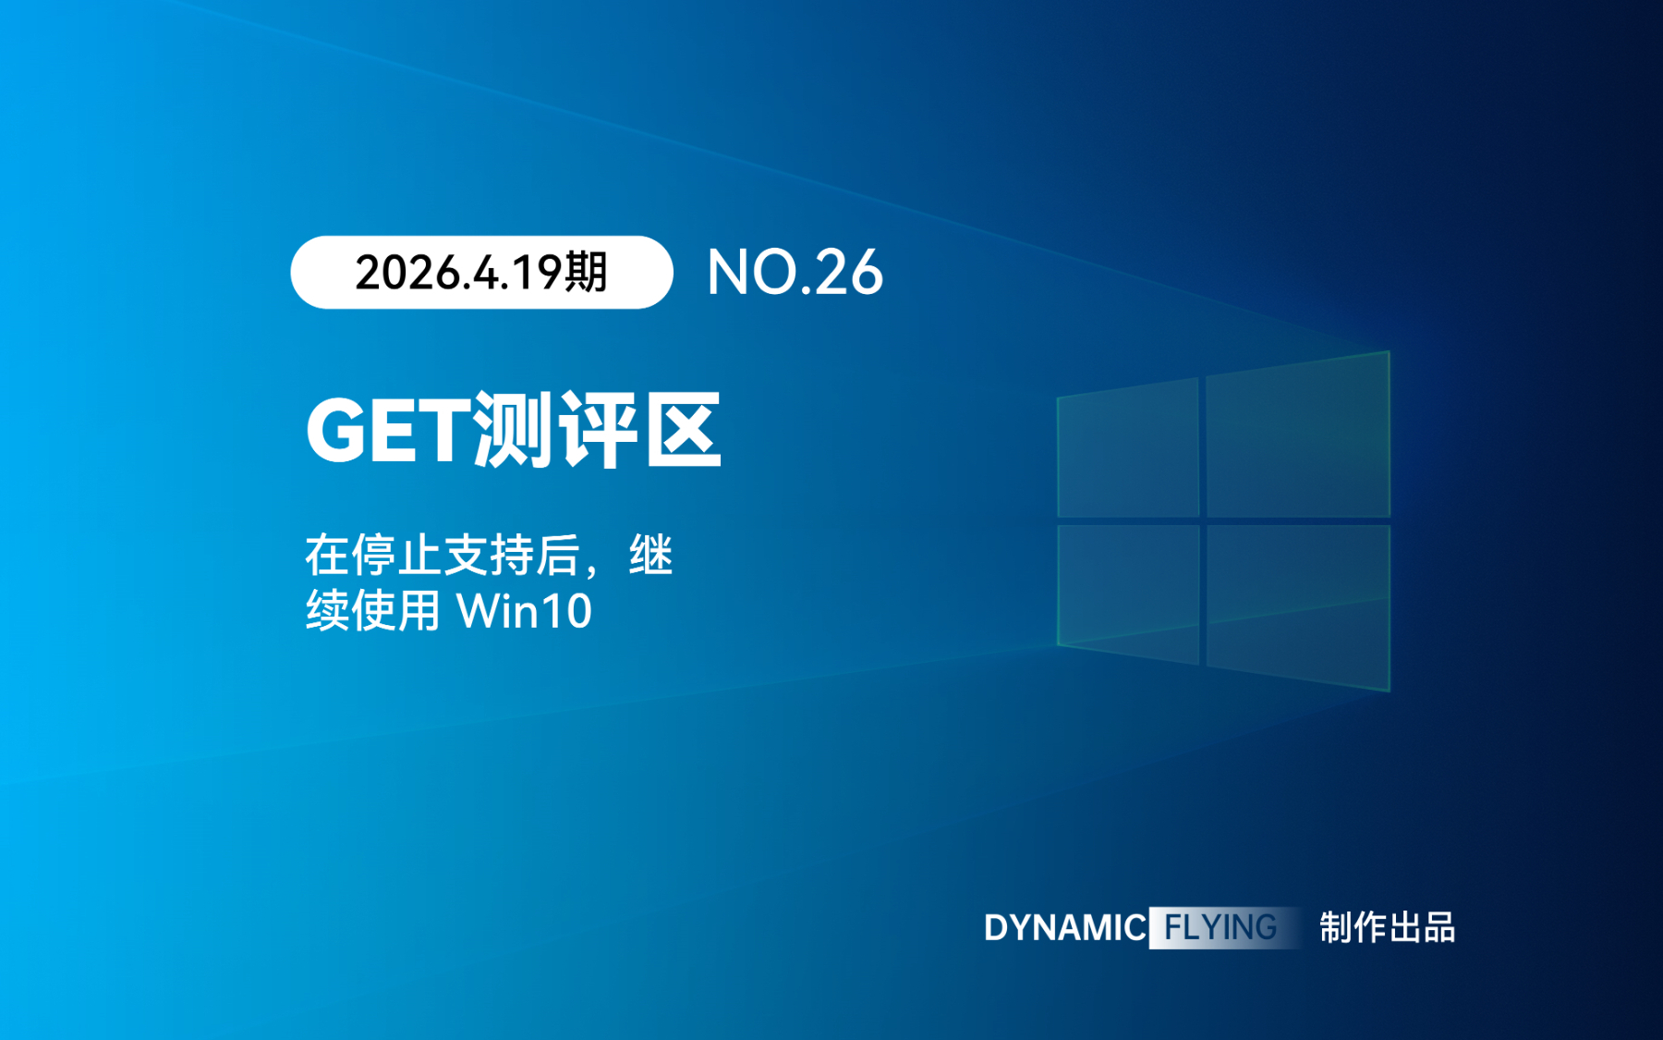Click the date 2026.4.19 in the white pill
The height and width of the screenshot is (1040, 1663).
(x=458, y=273)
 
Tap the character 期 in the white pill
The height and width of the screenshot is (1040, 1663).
(x=586, y=272)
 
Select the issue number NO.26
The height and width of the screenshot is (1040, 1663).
(x=795, y=273)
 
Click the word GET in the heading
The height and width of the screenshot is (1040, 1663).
(x=388, y=430)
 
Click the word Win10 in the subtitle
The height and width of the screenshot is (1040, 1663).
(x=524, y=611)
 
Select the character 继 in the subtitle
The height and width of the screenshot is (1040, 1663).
(x=651, y=556)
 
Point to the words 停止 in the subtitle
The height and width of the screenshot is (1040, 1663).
(x=396, y=556)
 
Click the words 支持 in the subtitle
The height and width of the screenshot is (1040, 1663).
(x=489, y=556)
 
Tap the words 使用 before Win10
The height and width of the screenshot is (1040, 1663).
(x=396, y=611)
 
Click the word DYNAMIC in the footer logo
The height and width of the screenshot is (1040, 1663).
(x=1065, y=927)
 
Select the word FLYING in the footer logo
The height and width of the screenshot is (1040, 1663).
(x=1220, y=927)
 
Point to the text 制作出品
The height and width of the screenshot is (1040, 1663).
(x=1387, y=927)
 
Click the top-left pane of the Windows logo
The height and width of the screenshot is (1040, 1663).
(x=1128, y=448)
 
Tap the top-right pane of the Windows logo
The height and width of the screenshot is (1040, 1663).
(x=1298, y=434)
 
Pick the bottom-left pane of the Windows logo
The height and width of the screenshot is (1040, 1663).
(x=1128, y=594)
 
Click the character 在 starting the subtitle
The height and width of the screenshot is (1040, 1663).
(x=328, y=556)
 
